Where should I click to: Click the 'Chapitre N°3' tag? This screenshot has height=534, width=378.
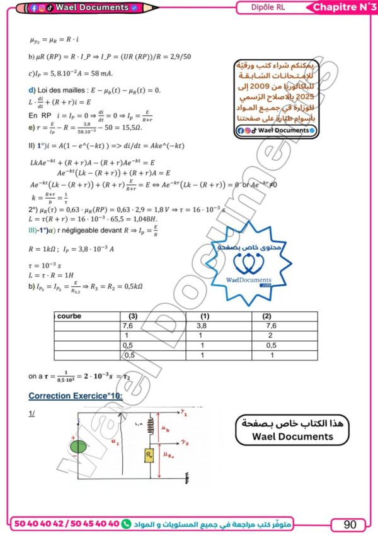pos(342,7)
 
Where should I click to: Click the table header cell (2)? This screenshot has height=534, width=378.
pos(266,316)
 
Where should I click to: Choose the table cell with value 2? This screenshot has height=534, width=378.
pos(266,336)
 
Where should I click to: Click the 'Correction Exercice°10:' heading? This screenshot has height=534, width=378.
pos(76,396)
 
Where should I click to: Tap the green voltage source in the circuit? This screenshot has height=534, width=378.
pos(79,447)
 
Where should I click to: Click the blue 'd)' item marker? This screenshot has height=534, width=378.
pos(32,90)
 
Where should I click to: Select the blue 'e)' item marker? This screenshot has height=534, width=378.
pos(32,128)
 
